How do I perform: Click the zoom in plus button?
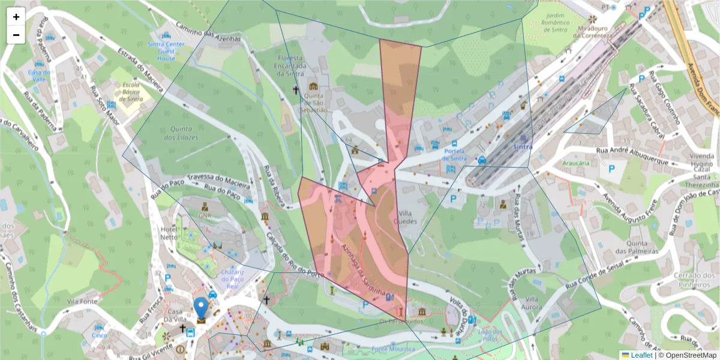click(16, 17)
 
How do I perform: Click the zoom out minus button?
click(16, 35)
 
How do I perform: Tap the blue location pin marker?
click(201, 308)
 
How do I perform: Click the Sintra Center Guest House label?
click(167, 51)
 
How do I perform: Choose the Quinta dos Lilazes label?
click(184, 133)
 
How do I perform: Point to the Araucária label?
click(576, 163)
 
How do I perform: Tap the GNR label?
click(205, 214)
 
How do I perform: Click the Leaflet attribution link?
click(641, 355)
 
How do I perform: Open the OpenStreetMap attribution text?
click(688, 355)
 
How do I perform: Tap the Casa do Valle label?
click(39, 77)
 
